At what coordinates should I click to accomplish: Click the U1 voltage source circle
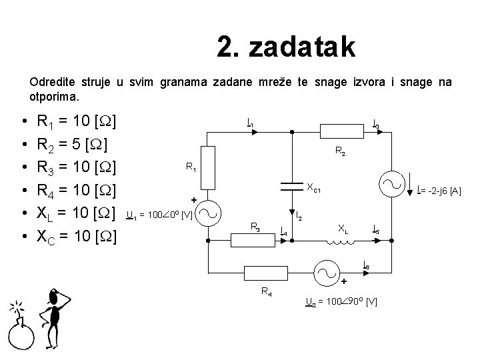[x=209, y=213]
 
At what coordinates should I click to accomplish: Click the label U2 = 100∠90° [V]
[x=341, y=302]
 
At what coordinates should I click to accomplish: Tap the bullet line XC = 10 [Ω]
[x=77, y=236]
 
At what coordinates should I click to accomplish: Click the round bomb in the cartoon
[x=21, y=337]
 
